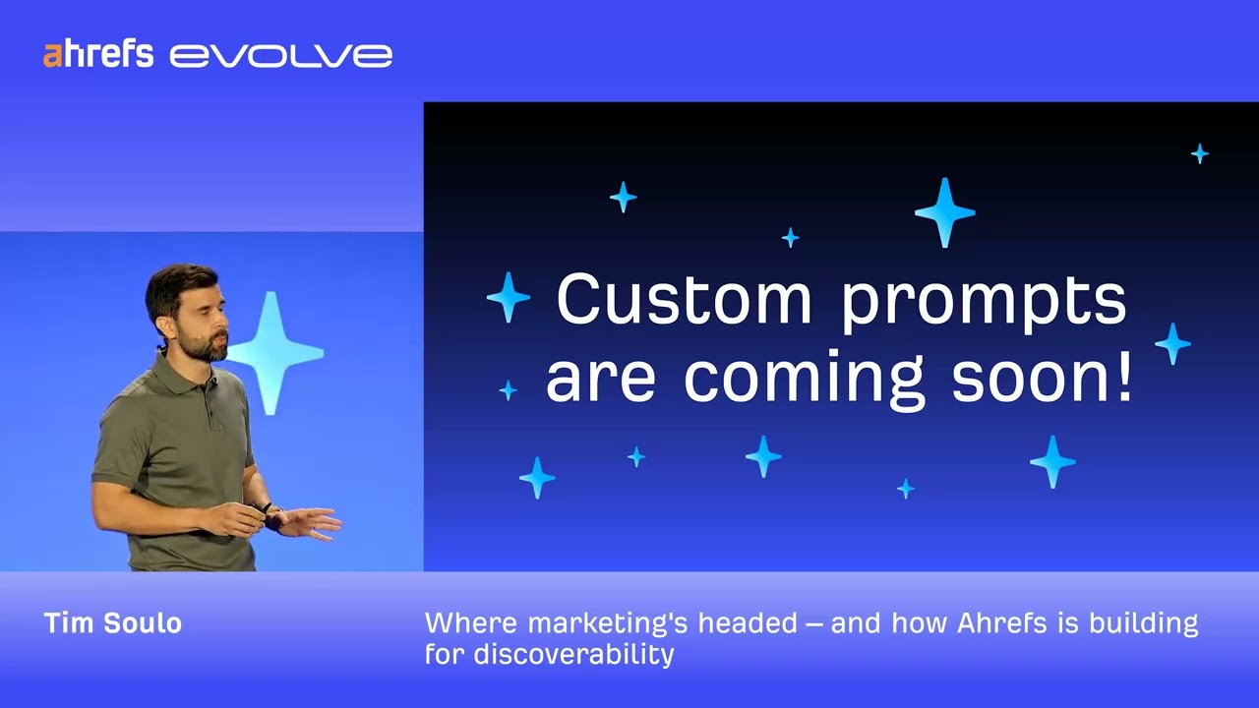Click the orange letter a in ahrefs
click(x=51, y=55)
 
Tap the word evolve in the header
click(x=281, y=56)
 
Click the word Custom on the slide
click(x=684, y=300)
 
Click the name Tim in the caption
click(x=67, y=623)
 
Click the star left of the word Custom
click(x=509, y=297)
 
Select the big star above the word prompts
click(x=944, y=211)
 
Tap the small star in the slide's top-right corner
click(x=1199, y=153)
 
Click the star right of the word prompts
click(x=1172, y=343)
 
